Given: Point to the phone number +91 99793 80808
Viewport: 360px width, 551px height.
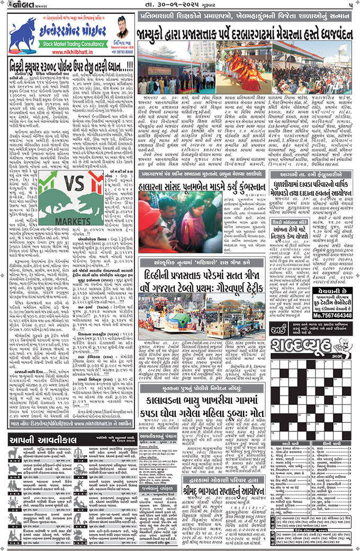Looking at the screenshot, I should click(x=125, y=53).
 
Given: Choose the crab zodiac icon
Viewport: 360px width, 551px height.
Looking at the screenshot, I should click(x=14, y=501).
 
